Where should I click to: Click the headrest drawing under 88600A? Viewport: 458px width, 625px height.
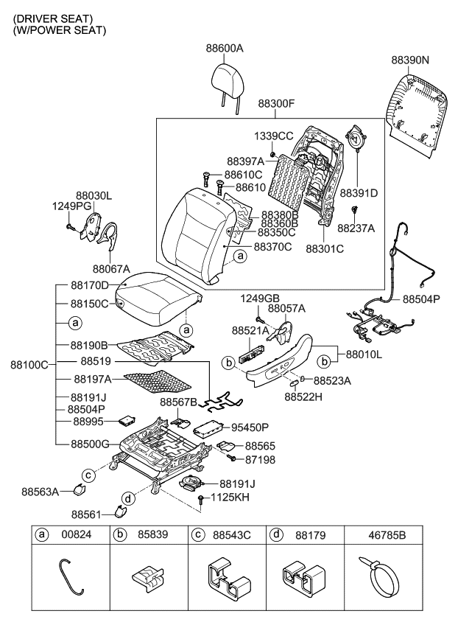tap(225, 77)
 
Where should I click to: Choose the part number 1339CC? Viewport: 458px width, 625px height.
tap(274, 136)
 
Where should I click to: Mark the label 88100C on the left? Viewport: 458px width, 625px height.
tap(29, 364)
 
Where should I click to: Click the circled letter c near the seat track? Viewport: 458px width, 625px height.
tap(88, 473)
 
